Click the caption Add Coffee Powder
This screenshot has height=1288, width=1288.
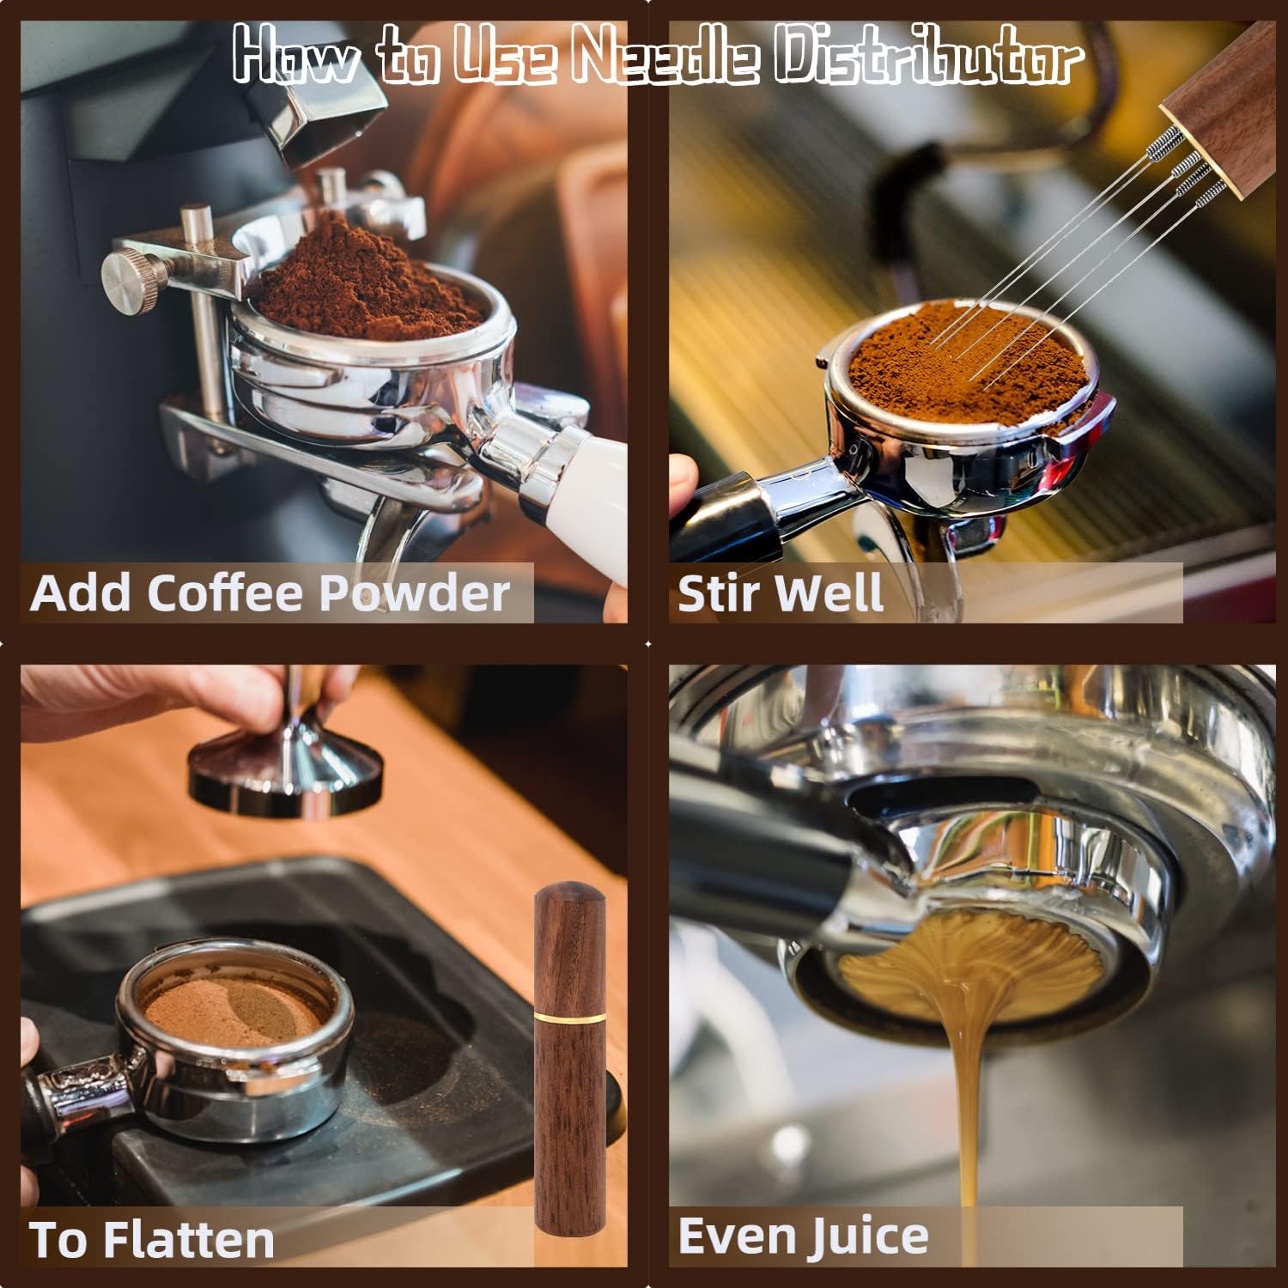pos(270,592)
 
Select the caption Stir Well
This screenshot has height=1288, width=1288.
pos(780,593)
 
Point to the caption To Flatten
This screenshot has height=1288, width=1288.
pos(152,1239)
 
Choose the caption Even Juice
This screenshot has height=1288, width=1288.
pos(803,1236)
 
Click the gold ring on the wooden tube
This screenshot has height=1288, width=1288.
pos(568,1015)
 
